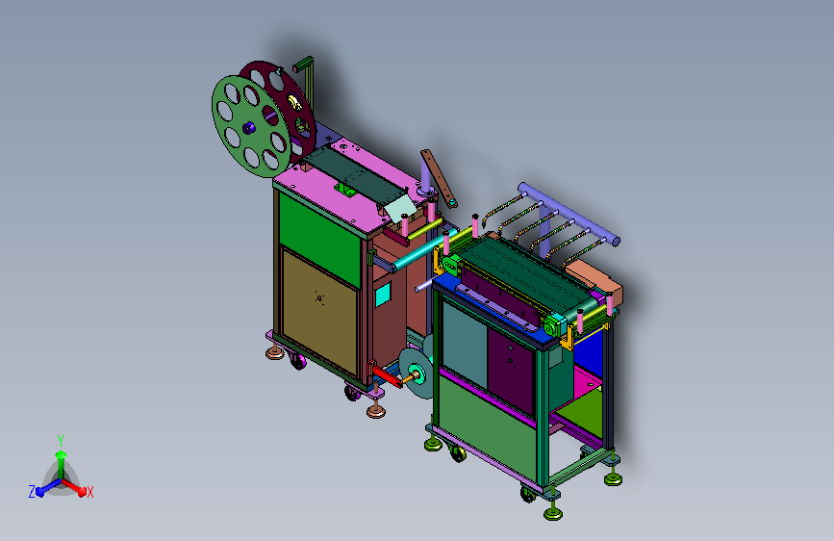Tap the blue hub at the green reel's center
click(248, 128)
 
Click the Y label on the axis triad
click(61, 441)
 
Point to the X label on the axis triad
click(89, 492)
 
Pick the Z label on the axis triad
click(32, 492)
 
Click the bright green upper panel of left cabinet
click(319, 239)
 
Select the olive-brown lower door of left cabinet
click(319, 313)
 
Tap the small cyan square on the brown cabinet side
click(383, 295)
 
